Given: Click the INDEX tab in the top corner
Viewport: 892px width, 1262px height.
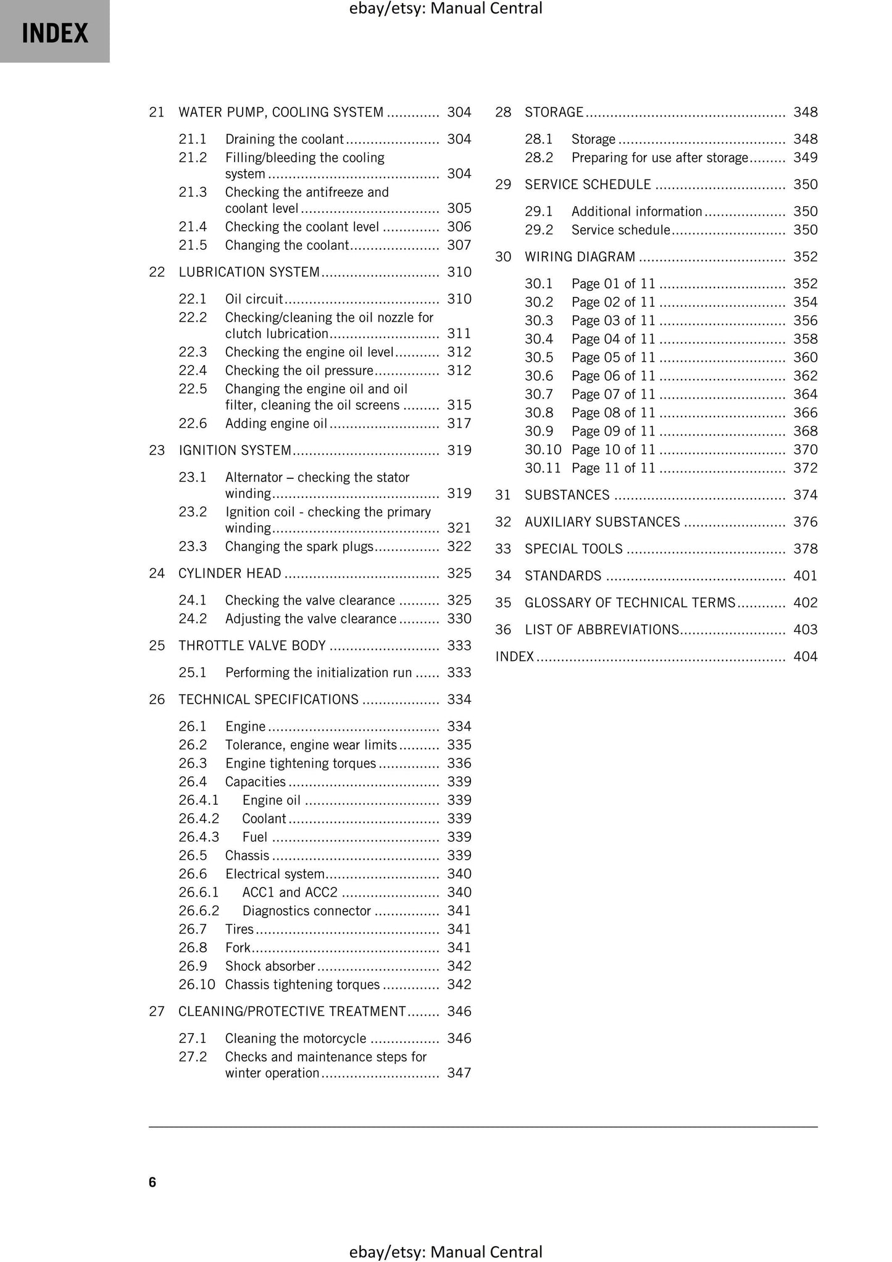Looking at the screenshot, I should coord(55,32).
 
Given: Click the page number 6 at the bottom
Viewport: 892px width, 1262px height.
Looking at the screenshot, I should coord(152,1182).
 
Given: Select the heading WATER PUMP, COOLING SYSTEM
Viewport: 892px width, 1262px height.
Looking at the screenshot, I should coord(281,112).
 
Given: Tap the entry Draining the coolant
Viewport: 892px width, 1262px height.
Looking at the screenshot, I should coord(284,139).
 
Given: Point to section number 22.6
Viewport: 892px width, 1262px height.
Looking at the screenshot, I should coord(193,423).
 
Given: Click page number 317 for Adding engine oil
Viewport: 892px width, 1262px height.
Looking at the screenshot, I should coord(459,423).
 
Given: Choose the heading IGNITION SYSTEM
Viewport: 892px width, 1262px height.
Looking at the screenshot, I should coord(235,450).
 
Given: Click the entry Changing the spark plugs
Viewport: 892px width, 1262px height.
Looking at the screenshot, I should coord(299,547).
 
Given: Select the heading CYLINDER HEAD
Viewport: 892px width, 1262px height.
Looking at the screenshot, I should coord(230,573).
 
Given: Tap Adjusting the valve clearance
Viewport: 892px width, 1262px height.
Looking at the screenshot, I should coord(311,619).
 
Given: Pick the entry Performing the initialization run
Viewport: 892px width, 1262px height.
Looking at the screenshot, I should coord(318,673).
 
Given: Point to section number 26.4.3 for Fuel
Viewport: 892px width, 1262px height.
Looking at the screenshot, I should coord(199,837).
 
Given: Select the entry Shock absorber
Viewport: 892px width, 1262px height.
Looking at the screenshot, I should coord(270,966).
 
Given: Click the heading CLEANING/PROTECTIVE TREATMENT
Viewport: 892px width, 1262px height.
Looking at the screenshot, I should coord(292,1011).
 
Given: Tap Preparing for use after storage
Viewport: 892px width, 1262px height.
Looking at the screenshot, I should coord(659,158).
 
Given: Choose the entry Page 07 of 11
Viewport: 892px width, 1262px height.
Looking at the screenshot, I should coord(613,394).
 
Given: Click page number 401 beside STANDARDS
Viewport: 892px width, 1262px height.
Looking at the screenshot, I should coord(805,576).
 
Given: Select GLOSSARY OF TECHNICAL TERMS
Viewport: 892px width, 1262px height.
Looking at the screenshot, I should coord(630,603).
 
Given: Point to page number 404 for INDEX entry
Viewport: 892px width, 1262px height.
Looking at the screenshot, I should coord(805,657).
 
